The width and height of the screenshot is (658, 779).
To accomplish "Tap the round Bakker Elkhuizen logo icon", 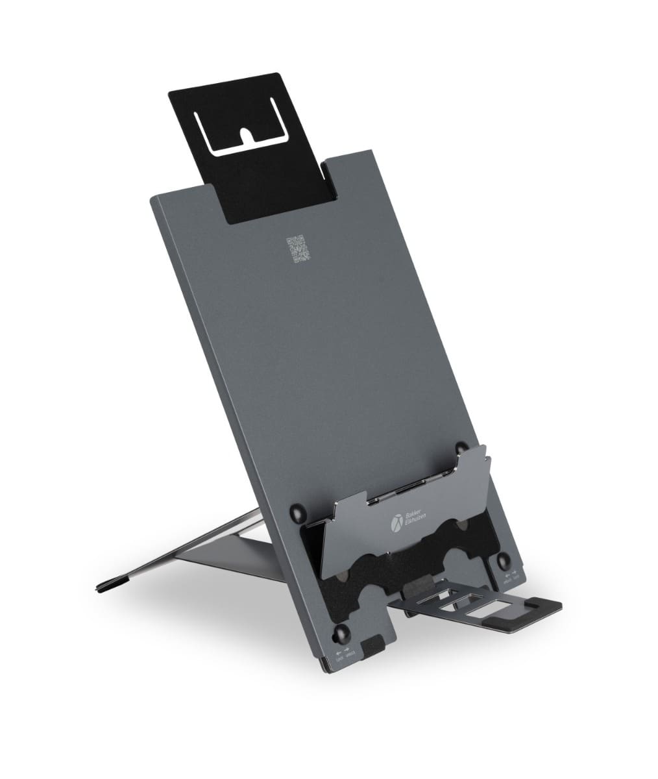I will [396, 521].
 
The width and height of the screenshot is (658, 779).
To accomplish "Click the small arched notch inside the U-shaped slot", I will [247, 134].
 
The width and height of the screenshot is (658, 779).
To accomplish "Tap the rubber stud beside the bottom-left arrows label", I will [341, 633].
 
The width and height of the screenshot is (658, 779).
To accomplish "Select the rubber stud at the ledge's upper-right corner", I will [461, 447].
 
